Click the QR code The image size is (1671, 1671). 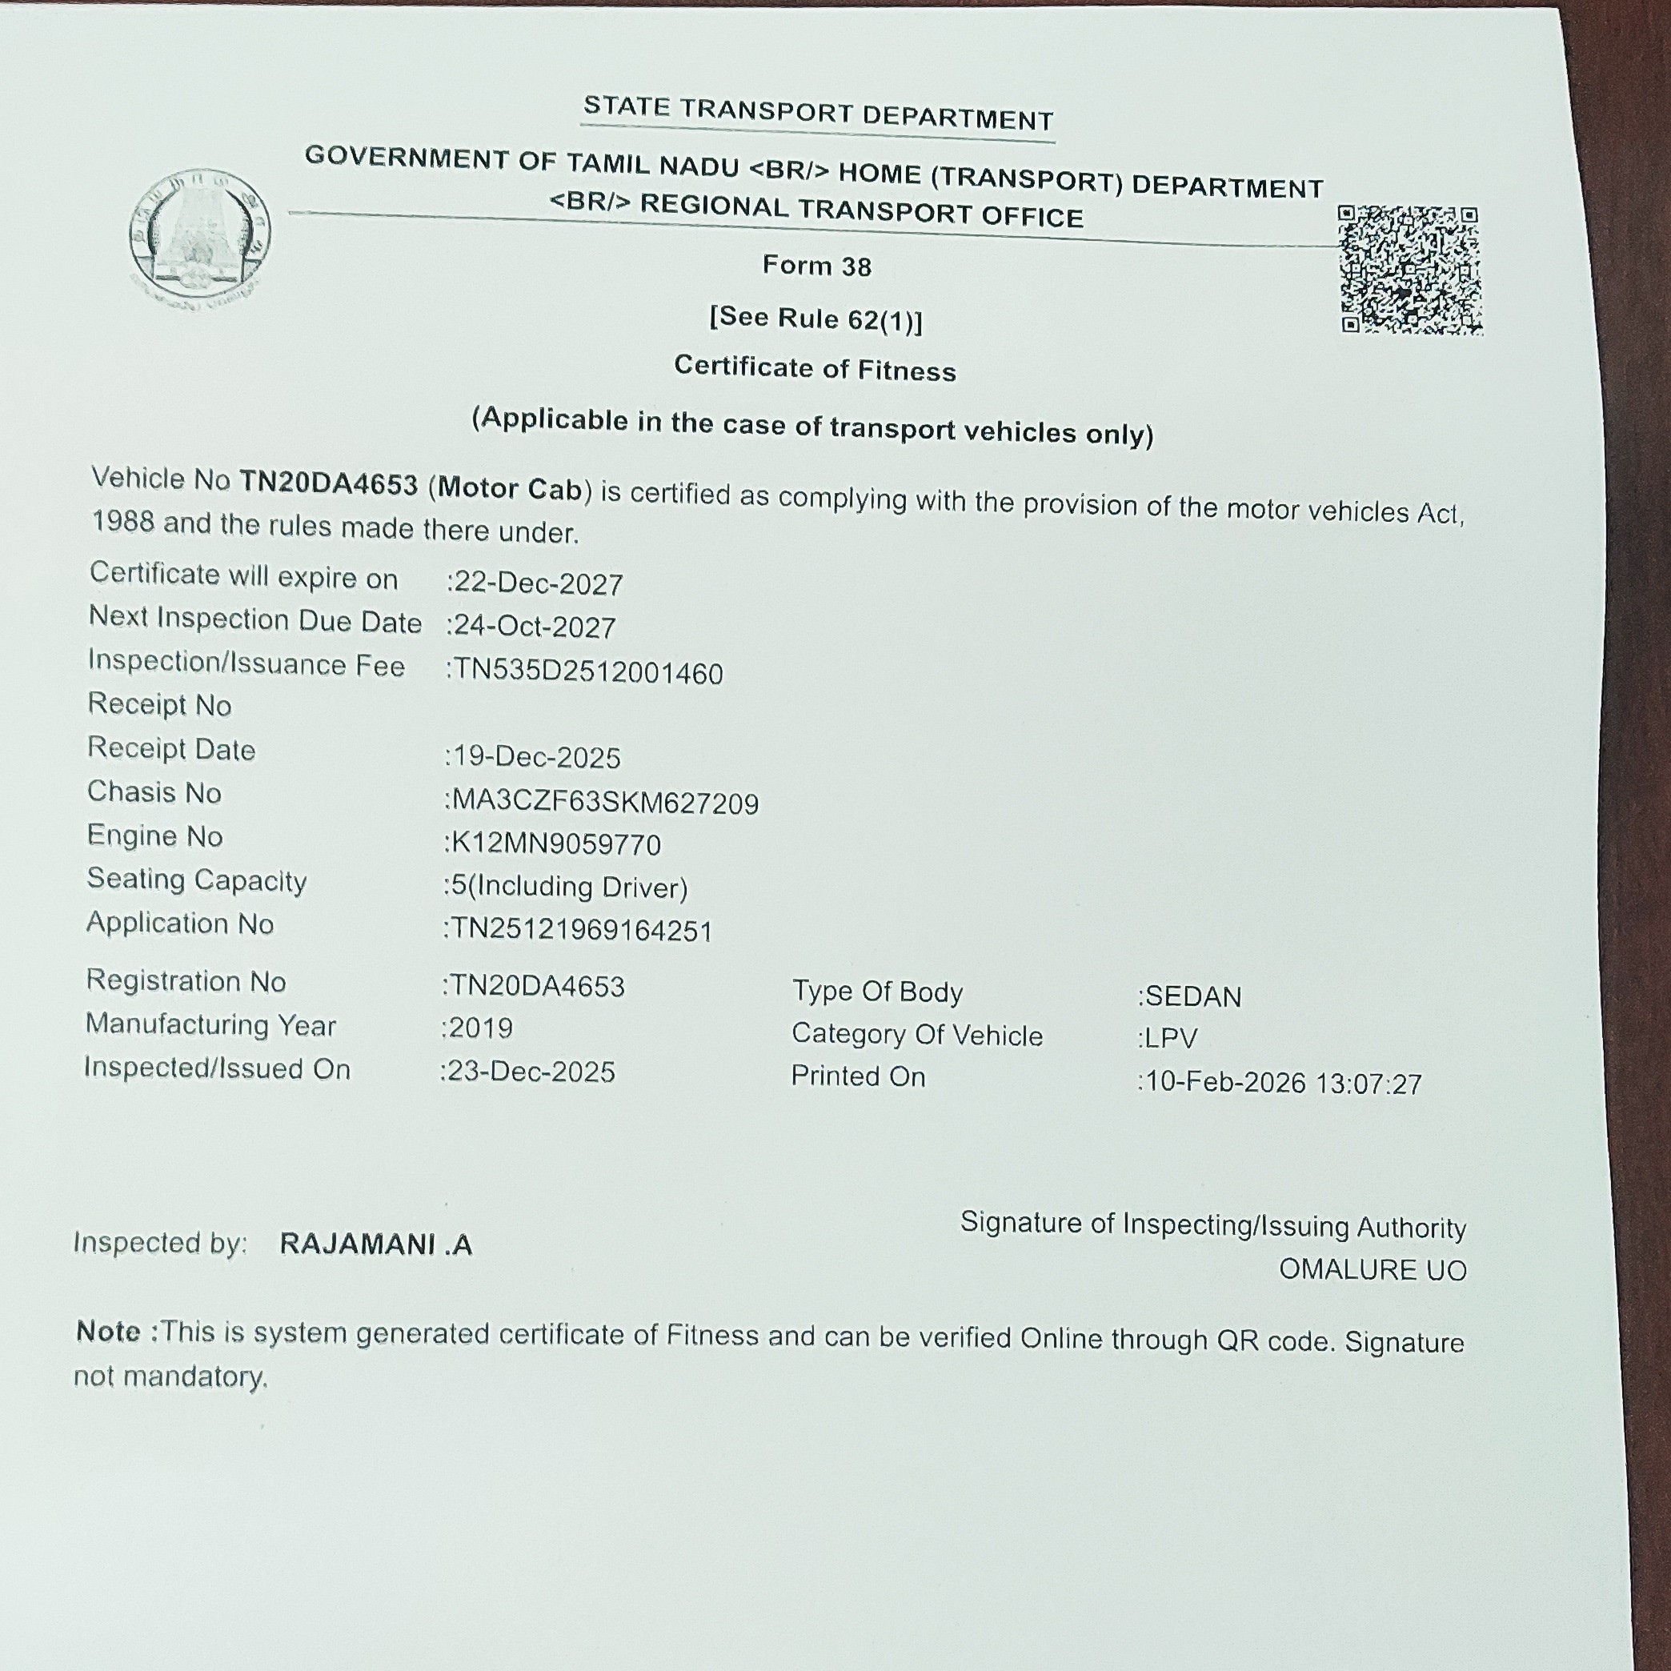[x=1410, y=270]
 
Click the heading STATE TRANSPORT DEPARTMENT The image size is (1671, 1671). [x=817, y=112]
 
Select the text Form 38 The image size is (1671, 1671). [x=816, y=266]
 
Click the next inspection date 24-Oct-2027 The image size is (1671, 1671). [x=535, y=627]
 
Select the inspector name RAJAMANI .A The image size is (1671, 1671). [x=375, y=1244]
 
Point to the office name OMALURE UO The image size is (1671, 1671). [x=1372, y=1270]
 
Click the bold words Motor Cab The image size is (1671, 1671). [x=510, y=489]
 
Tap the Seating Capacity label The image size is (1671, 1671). [x=196, y=880]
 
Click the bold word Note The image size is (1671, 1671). [x=108, y=1331]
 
